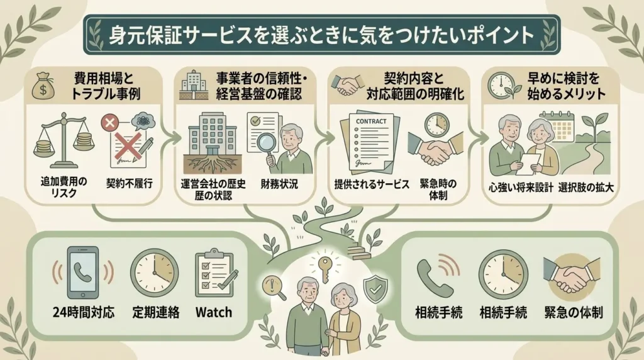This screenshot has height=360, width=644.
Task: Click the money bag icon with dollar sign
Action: click(43, 86)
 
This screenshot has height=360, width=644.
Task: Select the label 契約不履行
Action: click(130, 184)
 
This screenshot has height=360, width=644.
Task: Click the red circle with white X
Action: click(110, 122)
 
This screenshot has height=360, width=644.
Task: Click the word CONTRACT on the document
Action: click(371, 121)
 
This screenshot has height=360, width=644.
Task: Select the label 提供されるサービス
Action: click(372, 184)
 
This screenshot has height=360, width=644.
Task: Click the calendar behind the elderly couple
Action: click(558, 125)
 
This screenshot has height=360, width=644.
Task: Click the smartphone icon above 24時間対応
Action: click(83, 272)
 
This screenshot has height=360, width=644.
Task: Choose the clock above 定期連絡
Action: click(155, 273)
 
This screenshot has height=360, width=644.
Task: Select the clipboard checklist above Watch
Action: click(214, 273)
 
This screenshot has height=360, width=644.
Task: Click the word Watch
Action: click(214, 312)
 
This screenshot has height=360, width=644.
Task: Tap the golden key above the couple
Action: click(325, 269)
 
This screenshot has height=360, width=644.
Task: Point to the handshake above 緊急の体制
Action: click(571, 275)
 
